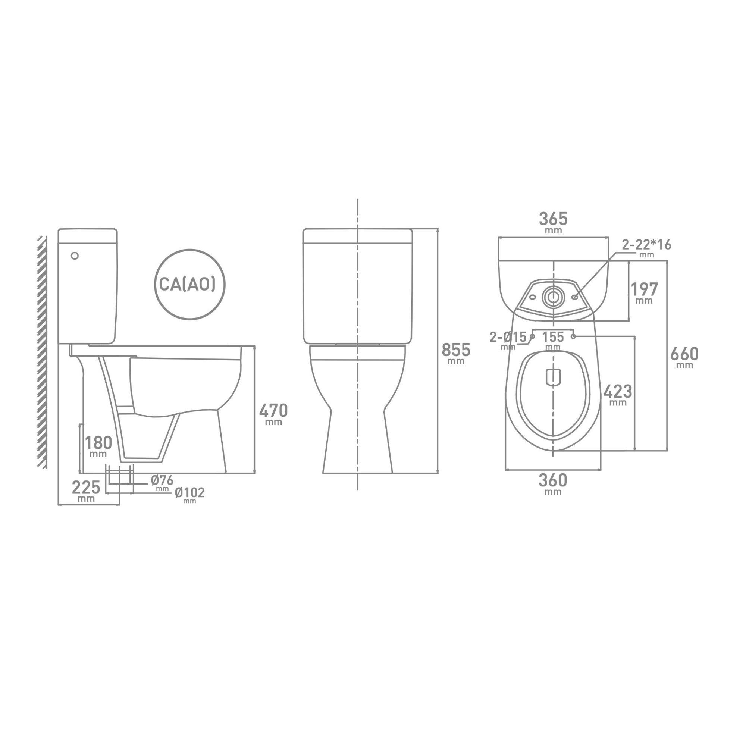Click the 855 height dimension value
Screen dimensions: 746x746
click(x=456, y=350)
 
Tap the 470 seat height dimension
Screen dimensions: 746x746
click(x=273, y=410)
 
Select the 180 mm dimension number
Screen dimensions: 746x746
click(x=98, y=442)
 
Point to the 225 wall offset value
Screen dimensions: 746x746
click(x=86, y=487)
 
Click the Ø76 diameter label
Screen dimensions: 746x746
click(x=162, y=480)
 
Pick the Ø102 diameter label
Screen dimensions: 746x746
click(x=189, y=493)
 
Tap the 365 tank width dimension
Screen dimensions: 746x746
click(x=553, y=219)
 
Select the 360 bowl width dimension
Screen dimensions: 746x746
click(x=553, y=480)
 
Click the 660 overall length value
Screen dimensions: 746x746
click(x=684, y=354)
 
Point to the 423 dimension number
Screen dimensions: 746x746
click(x=618, y=392)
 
